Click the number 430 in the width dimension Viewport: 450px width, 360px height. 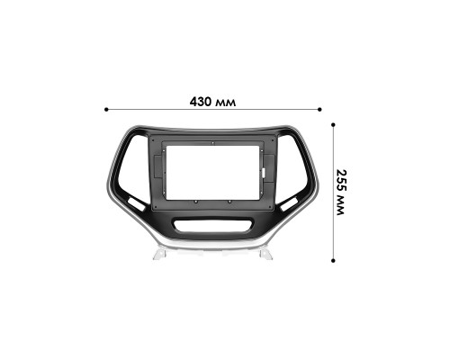pos(201,102)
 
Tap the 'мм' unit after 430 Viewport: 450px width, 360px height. pos(227,103)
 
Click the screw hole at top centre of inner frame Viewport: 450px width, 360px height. pos(213,142)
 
